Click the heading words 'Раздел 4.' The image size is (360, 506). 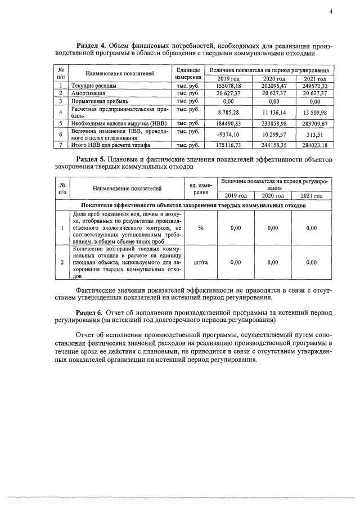(x=92, y=45)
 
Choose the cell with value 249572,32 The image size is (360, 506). (x=314, y=86)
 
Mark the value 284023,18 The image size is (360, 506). (x=314, y=145)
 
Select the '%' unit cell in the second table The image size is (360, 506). (x=201, y=228)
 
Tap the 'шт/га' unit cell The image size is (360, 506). (x=201, y=262)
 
